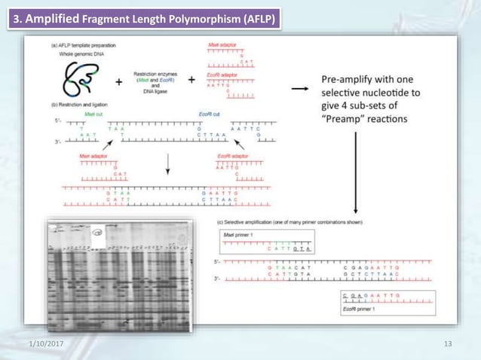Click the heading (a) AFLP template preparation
[84, 46]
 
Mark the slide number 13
[449, 344]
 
